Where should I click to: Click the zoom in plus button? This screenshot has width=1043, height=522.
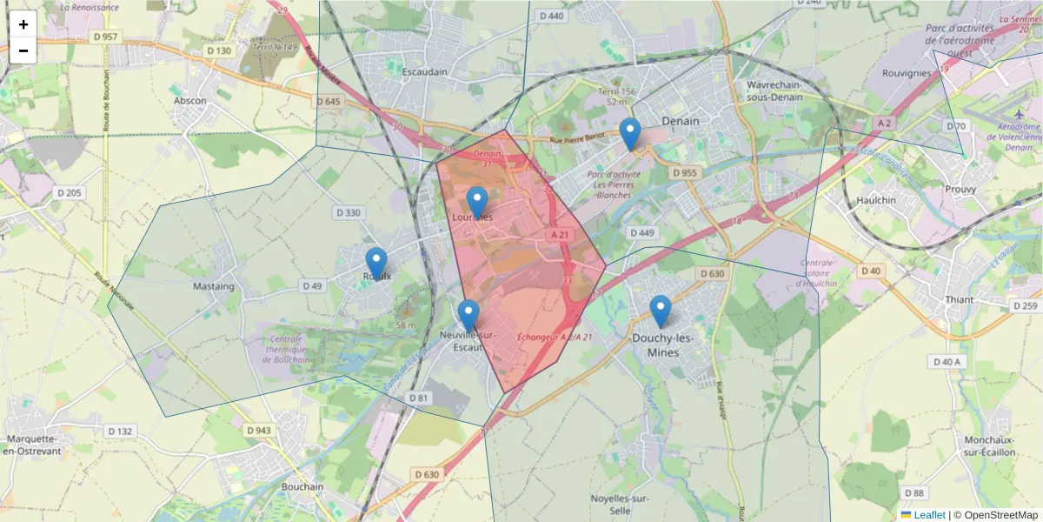pyautogui.click(x=23, y=24)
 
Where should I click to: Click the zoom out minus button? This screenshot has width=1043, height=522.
pyautogui.click(x=23, y=50)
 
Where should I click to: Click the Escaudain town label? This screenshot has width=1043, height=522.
pyautogui.click(x=424, y=72)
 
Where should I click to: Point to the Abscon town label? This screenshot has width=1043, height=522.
pyautogui.click(x=190, y=101)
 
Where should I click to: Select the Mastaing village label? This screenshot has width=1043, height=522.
pyautogui.click(x=214, y=286)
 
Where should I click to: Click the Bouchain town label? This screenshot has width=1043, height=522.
pyautogui.click(x=302, y=487)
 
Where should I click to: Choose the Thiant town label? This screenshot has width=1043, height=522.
pyautogui.click(x=959, y=300)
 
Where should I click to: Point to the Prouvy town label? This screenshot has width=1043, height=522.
pyautogui.click(x=960, y=189)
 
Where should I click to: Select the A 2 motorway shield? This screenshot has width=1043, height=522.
pyautogui.click(x=885, y=124)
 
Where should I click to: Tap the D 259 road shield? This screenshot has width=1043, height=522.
pyautogui.click(x=1026, y=305)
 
